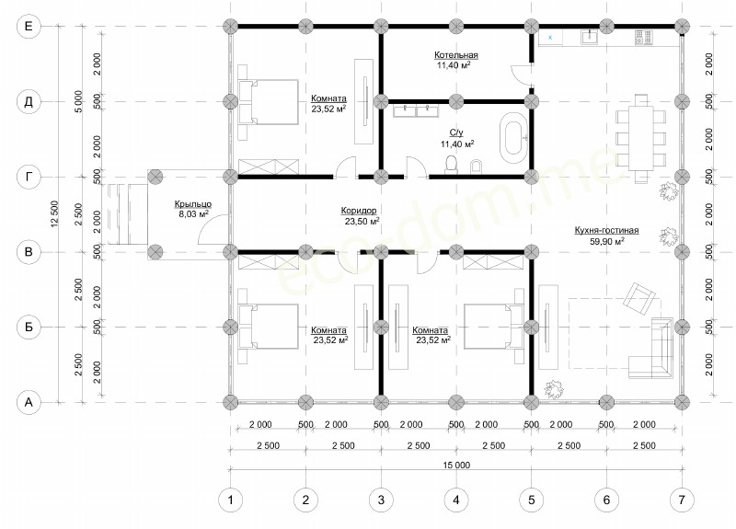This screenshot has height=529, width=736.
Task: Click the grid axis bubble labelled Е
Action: point(29,27)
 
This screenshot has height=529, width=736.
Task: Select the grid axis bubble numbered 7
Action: point(682,500)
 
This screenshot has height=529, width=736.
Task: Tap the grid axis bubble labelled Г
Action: point(29,177)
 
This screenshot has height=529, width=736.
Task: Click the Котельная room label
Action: point(455,55)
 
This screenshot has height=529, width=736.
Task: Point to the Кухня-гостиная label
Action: point(606,230)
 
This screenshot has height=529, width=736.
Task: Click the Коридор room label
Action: point(359,211)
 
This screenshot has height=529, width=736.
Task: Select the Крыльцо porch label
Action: point(193,204)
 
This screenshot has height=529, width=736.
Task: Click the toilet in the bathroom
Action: point(451,165)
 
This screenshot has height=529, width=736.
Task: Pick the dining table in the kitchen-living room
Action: point(640,139)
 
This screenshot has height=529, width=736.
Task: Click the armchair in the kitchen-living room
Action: point(638,297)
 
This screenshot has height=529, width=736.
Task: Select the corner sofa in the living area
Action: point(651,348)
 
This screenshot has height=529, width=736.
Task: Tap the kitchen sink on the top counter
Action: point(589,37)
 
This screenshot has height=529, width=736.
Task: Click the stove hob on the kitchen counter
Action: point(643,38)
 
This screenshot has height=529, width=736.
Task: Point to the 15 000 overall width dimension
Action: point(456,466)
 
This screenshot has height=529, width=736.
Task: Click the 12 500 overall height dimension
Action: point(55,214)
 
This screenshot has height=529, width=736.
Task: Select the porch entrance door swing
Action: point(213,229)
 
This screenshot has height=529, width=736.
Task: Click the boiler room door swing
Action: point(522,75)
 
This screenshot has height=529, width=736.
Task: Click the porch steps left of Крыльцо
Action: point(128,214)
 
